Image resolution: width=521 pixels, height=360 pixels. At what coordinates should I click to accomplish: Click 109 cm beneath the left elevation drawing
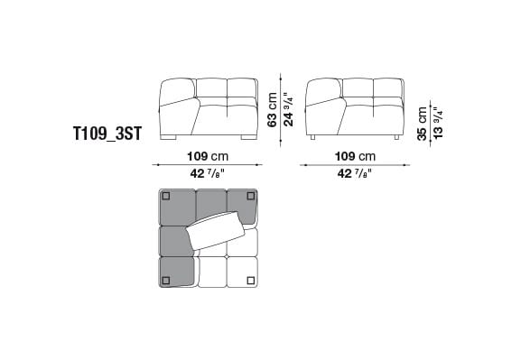pyautogui.click(x=207, y=156)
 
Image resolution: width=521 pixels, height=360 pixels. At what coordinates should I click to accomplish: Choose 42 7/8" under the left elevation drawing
pyautogui.click(x=207, y=174)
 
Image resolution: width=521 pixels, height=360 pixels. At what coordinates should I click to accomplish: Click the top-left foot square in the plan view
pyautogui.click(x=167, y=196)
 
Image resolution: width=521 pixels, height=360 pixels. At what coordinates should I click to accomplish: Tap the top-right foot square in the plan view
pyautogui.click(x=248, y=196)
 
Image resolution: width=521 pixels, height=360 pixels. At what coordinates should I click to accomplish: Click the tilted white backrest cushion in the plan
pyautogui.click(x=217, y=233)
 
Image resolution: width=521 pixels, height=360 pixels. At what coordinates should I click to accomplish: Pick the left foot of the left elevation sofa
pyautogui.click(x=172, y=139)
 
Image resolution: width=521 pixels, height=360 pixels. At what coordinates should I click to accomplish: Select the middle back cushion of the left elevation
pyautogui.click(x=211, y=88)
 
